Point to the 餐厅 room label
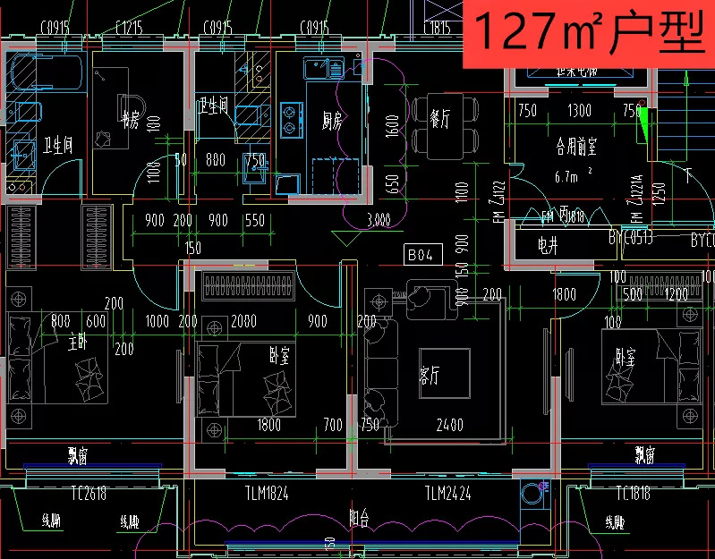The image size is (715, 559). point(439,120)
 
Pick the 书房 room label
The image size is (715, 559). point(129,121)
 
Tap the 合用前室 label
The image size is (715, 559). point(575,143)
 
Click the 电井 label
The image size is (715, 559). point(548,244)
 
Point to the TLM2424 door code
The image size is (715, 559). point(447,493)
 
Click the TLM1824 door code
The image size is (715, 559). point(267,493)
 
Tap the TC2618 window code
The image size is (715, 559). point(89,493)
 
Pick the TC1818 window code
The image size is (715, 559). point(633,493)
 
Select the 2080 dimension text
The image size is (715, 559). point(243,321)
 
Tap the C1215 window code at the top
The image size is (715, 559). point(129,28)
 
